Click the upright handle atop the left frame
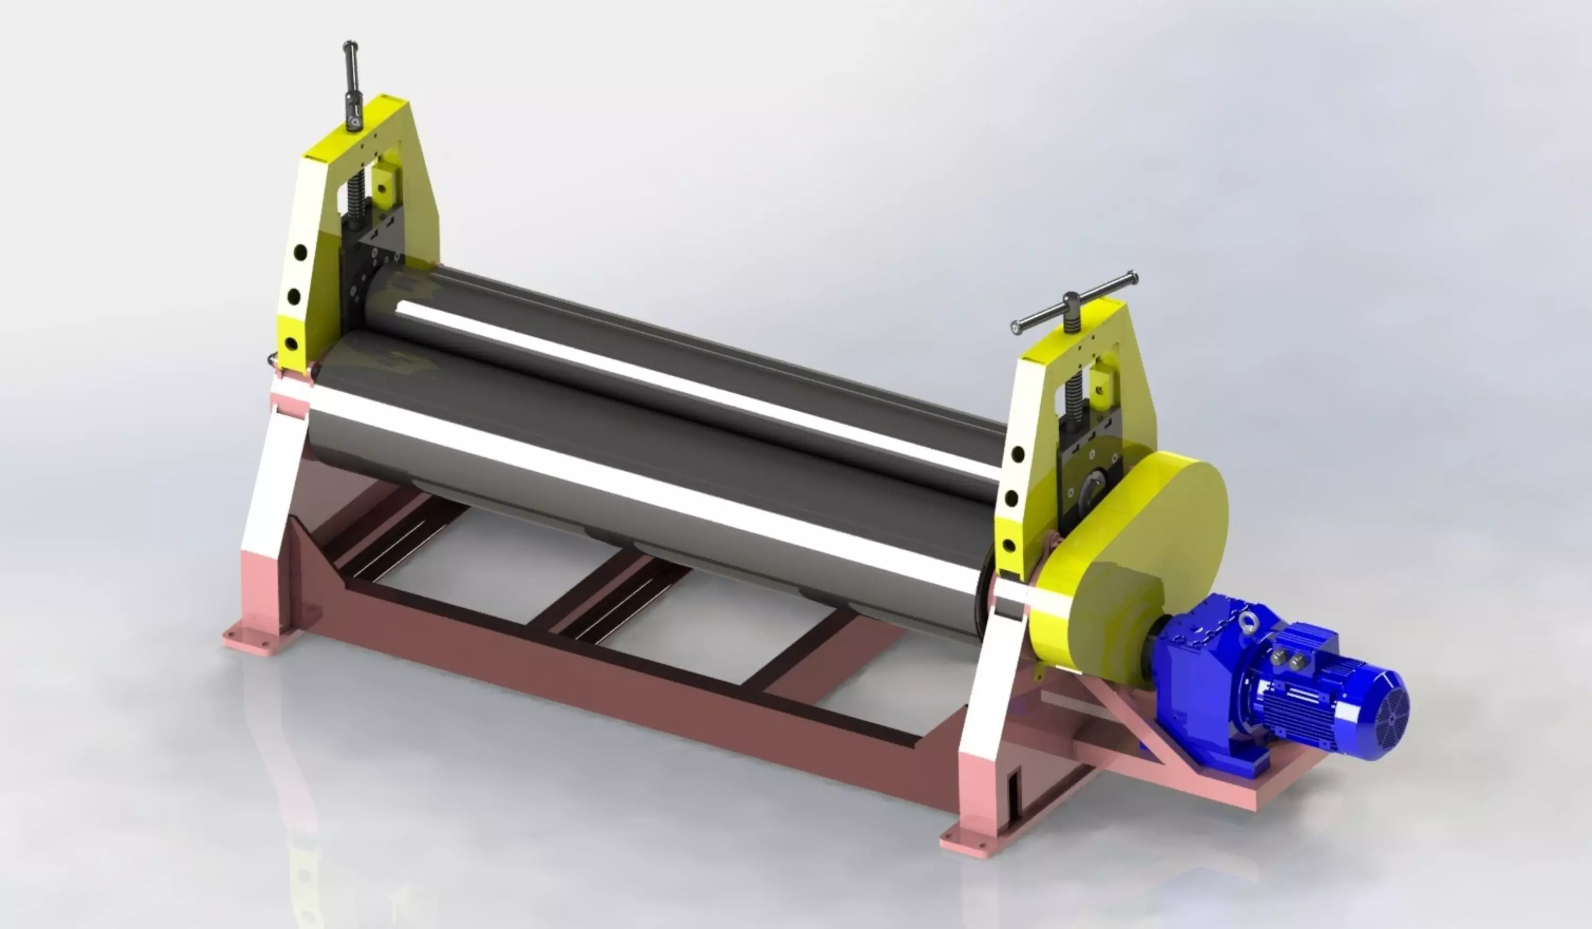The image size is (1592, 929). (351, 82)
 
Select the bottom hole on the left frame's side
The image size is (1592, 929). (292, 344)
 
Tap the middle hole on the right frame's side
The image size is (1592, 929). (1011, 499)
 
